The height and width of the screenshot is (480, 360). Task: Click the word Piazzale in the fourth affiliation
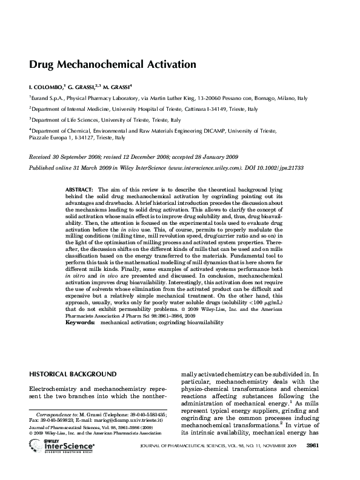point(41,137)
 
